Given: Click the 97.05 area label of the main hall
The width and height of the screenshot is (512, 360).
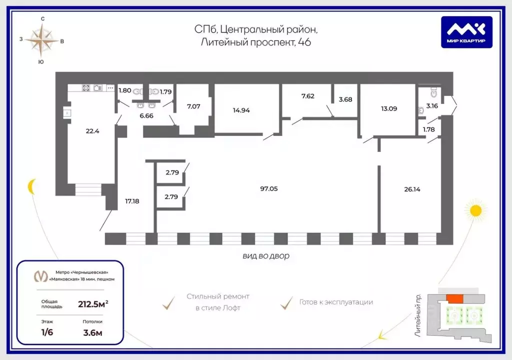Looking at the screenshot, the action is (x=268, y=188).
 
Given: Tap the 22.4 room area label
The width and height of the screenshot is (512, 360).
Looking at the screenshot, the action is (x=92, y=131).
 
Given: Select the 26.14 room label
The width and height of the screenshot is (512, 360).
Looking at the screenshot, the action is (x=412, y=189).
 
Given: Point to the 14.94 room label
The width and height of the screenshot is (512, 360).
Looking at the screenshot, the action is (x=241, y=110).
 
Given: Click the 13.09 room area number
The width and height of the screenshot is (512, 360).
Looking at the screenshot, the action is (x=389, y=108).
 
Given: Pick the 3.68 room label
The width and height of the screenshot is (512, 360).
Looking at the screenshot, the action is (x=345, y=99).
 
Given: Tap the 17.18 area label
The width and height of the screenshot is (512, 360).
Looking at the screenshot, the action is (x=132, y=201).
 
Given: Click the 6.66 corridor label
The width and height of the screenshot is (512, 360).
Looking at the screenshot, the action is (x=146, y=115).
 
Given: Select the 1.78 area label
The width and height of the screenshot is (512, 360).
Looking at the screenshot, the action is (x=428, y=129).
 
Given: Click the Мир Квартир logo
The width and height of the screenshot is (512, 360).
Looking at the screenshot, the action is (x=466, y=32).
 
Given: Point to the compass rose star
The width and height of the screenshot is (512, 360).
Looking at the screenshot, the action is (x=41, y=40).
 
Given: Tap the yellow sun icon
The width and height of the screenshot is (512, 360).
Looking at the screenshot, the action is (x=476, y=210).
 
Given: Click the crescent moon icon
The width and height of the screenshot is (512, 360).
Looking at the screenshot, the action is (x=31, y=186).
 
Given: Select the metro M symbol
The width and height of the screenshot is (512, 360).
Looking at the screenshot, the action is (x=40, y=276).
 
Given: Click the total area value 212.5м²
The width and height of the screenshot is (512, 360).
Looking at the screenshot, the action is (x=93, y=304).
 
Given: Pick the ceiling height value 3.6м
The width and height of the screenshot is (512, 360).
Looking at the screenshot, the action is (x=92, y=333).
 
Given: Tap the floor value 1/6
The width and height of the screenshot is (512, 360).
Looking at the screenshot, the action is (x=47, y=332).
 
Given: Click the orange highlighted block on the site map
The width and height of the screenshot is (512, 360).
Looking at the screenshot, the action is (x=454, y=298).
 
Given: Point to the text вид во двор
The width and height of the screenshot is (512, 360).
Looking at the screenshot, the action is (x=266, y=256).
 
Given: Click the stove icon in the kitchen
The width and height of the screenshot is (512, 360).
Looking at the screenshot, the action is (x=86, y=87).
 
